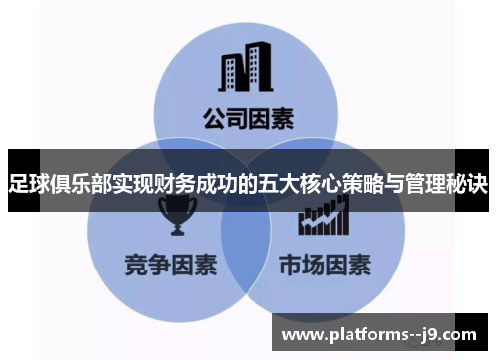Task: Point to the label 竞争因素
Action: [x=166, y=266]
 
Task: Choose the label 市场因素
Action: [x=325, y=266]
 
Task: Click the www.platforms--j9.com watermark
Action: [x=384, y=332]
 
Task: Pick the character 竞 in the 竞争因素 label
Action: [x=135, y=266]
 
